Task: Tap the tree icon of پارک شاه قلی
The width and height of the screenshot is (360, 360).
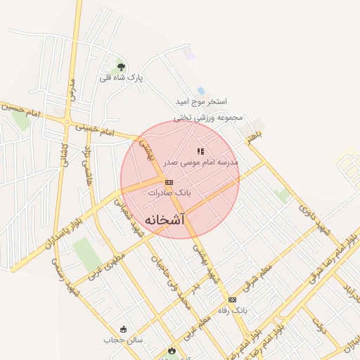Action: click(122, 67)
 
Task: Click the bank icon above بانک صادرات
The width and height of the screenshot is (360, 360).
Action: click(169, 181)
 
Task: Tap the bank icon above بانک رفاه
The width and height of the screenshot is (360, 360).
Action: click(232, 300)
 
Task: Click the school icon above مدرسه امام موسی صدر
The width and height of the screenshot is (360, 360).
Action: click(200, 151)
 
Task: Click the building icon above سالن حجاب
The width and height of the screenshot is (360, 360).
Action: click(124, 329)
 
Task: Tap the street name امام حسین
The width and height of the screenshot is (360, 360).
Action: click(21, 110)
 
